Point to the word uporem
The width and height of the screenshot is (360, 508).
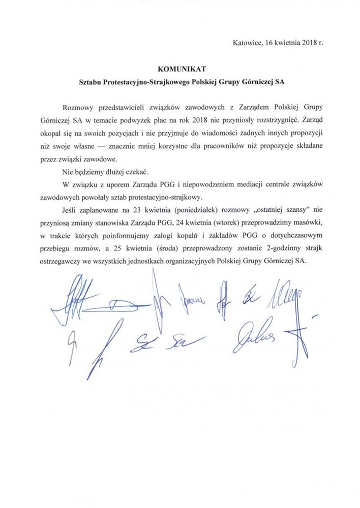105,183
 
